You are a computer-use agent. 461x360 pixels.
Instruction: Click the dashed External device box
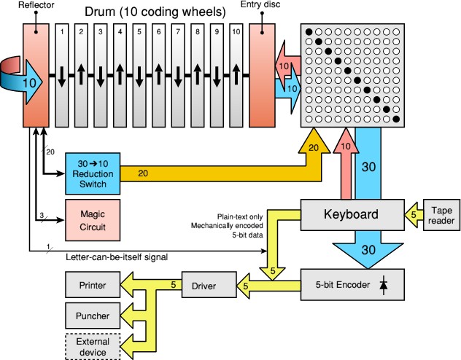click(92, 345)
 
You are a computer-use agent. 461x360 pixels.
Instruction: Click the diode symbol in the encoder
click(384, 283)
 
